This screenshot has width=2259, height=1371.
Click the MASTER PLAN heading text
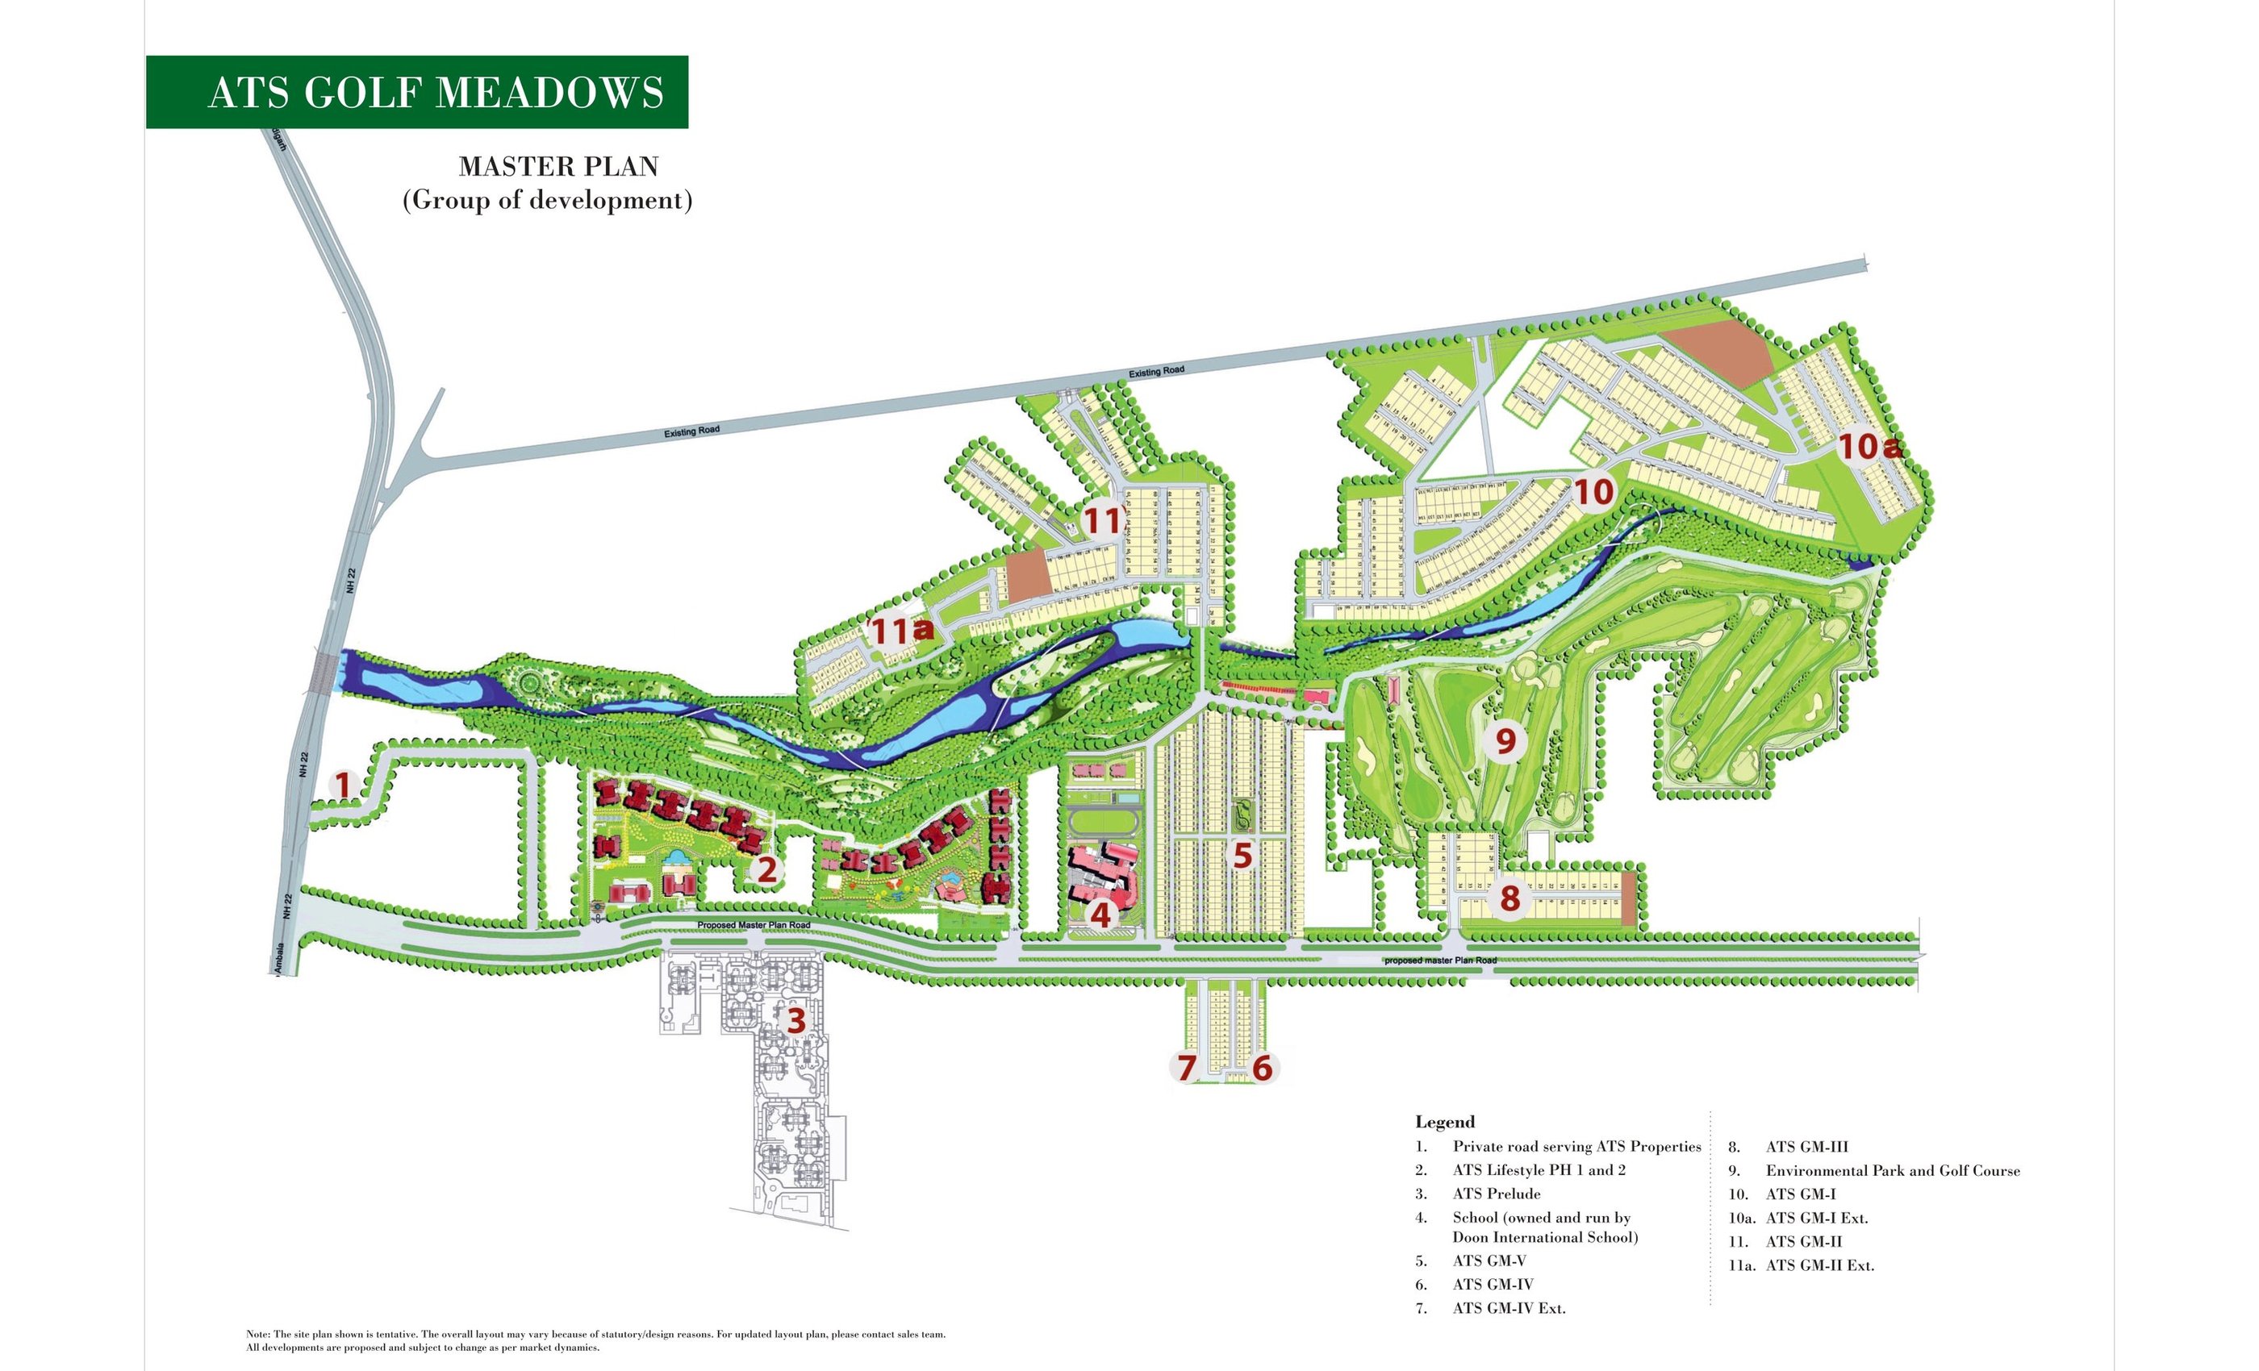558,167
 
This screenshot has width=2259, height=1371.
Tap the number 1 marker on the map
343,786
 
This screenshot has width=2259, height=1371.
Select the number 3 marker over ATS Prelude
795,1020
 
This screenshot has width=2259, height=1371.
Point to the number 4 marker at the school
1100,914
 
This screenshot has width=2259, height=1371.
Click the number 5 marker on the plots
1242,856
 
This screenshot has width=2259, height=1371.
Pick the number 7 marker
1186,1068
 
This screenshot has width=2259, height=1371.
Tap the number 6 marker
1263,1068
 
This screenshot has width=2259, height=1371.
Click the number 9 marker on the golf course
1505,740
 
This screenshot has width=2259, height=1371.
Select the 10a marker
1869,448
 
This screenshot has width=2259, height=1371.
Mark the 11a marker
901,631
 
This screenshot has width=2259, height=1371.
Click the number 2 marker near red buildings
766,869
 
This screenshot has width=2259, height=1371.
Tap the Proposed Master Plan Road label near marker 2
754,925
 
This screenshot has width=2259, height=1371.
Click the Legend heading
1445,1122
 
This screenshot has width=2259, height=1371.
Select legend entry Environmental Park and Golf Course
1892,1170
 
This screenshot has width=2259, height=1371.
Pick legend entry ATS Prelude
1497,1194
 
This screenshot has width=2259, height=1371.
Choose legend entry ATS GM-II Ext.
1819,1265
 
